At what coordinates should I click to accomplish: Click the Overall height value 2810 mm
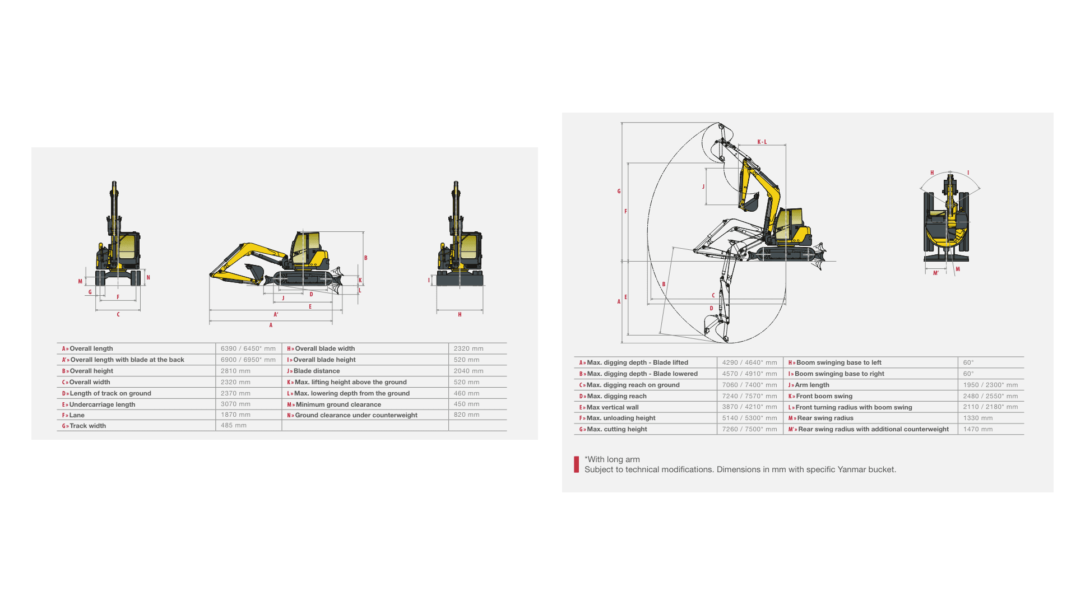coord(235,371)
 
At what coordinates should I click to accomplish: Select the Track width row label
coord(87,426)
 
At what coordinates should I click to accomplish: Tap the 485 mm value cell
coord(234,426)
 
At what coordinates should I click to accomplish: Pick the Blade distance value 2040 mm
coord(469,371)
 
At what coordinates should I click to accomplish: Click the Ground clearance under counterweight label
coord(356,415)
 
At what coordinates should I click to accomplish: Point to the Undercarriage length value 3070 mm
coord(235,404)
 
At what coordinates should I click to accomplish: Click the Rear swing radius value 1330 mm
coord(978,418)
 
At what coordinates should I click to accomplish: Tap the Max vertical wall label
coord(613,407)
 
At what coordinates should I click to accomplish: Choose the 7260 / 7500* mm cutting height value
coord(749,429)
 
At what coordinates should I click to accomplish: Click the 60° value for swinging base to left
coord(968,362)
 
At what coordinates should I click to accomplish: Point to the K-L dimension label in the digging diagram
coord(762,142)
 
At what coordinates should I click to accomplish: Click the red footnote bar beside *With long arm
coord(576,464)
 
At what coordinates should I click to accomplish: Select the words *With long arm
coord(612,459)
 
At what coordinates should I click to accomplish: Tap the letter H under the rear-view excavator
coord(460,315)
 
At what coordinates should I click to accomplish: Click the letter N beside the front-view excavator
coord(148,277)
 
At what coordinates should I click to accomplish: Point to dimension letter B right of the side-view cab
coord(366,258)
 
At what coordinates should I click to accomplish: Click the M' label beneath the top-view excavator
coord(935,273)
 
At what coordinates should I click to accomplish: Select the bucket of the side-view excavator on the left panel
coord(254,272)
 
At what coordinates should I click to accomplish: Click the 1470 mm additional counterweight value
coord(978,429)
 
